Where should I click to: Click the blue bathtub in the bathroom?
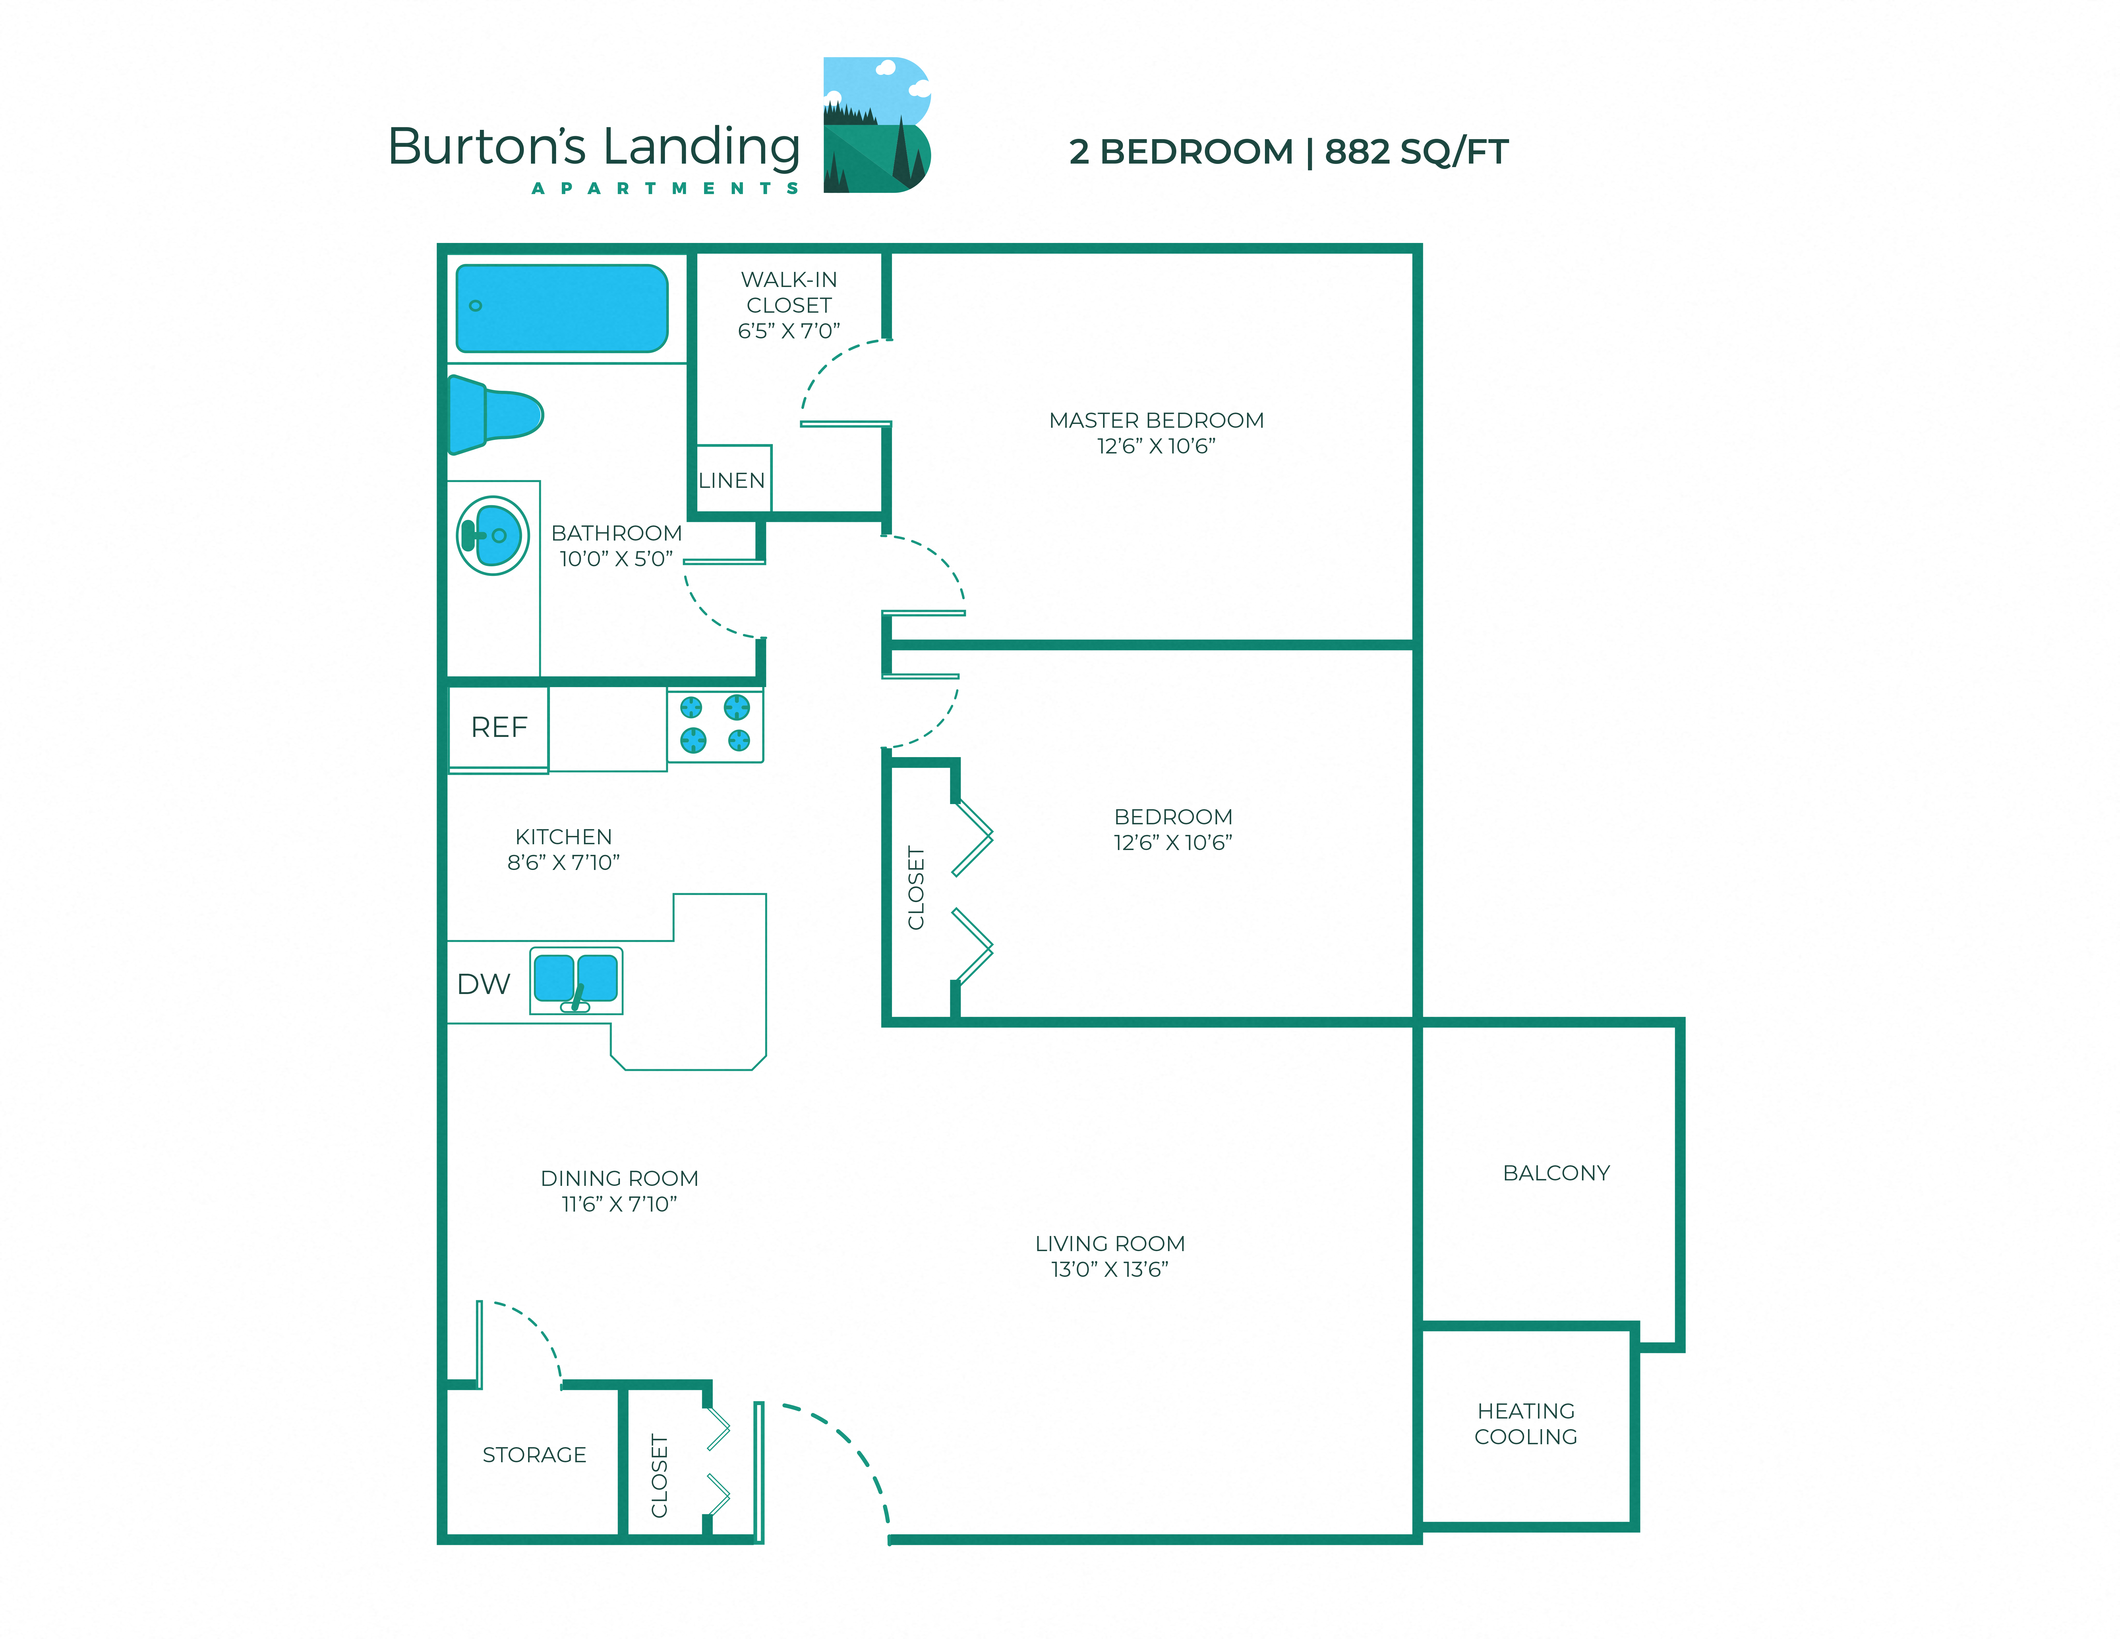(x=562, y=309)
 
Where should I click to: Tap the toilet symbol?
(x=495, y=415)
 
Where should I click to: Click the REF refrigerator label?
(x=499, y=727)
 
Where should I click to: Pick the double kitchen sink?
(x=576, y=980)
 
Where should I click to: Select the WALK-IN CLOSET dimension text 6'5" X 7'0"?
(x=788, y=331)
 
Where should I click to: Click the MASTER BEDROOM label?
(x=1156, y=420)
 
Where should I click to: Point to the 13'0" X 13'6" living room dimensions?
(x=1109, y=1269)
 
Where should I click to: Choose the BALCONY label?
(x=1556, y=1173)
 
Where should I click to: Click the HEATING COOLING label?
(x=1526, y=1423)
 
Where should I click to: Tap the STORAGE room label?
(x=534, y=1455)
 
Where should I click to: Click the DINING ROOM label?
(x=619, y=1178)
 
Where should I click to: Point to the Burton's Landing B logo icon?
(x=877, y=125)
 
